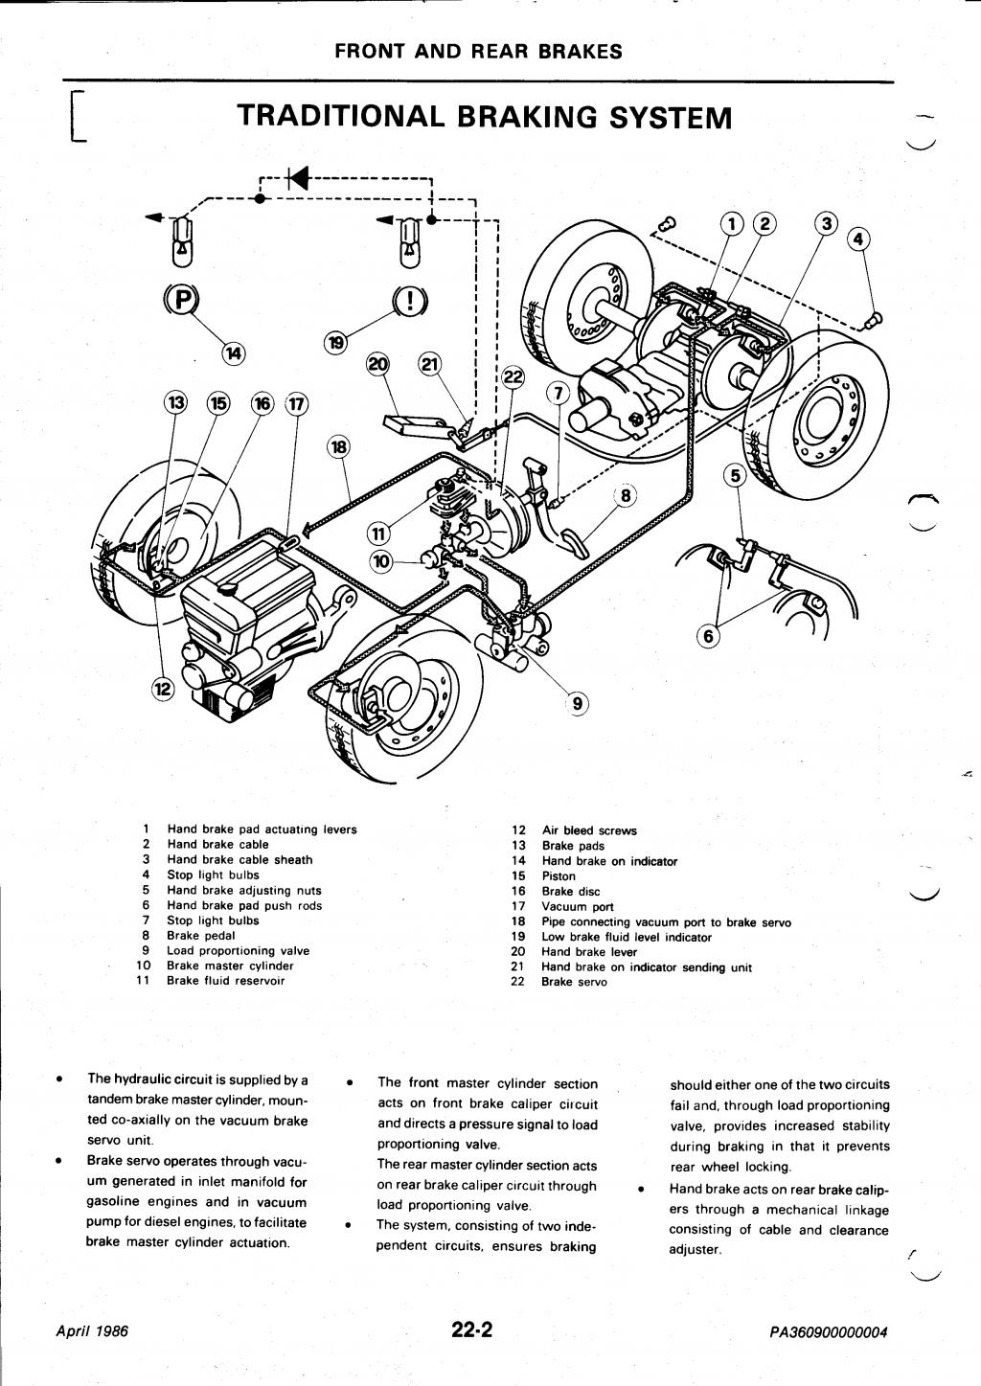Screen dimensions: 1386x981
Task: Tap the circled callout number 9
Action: [x=578, y=704]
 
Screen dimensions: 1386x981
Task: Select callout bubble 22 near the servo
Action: [x=513, y=377]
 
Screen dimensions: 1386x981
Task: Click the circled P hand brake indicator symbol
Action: [x=180, y=300]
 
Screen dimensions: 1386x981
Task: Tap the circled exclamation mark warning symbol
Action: [x=410, y=302]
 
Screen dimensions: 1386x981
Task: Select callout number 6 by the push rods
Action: [x=709, y=634]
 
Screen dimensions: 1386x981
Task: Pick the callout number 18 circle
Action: [x=340, y=447]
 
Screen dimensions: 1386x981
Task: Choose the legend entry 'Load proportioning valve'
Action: [x=238, y=951]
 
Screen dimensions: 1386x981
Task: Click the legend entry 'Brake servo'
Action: [x=574, y=982]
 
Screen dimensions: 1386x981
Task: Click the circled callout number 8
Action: [x=626, y=495]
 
